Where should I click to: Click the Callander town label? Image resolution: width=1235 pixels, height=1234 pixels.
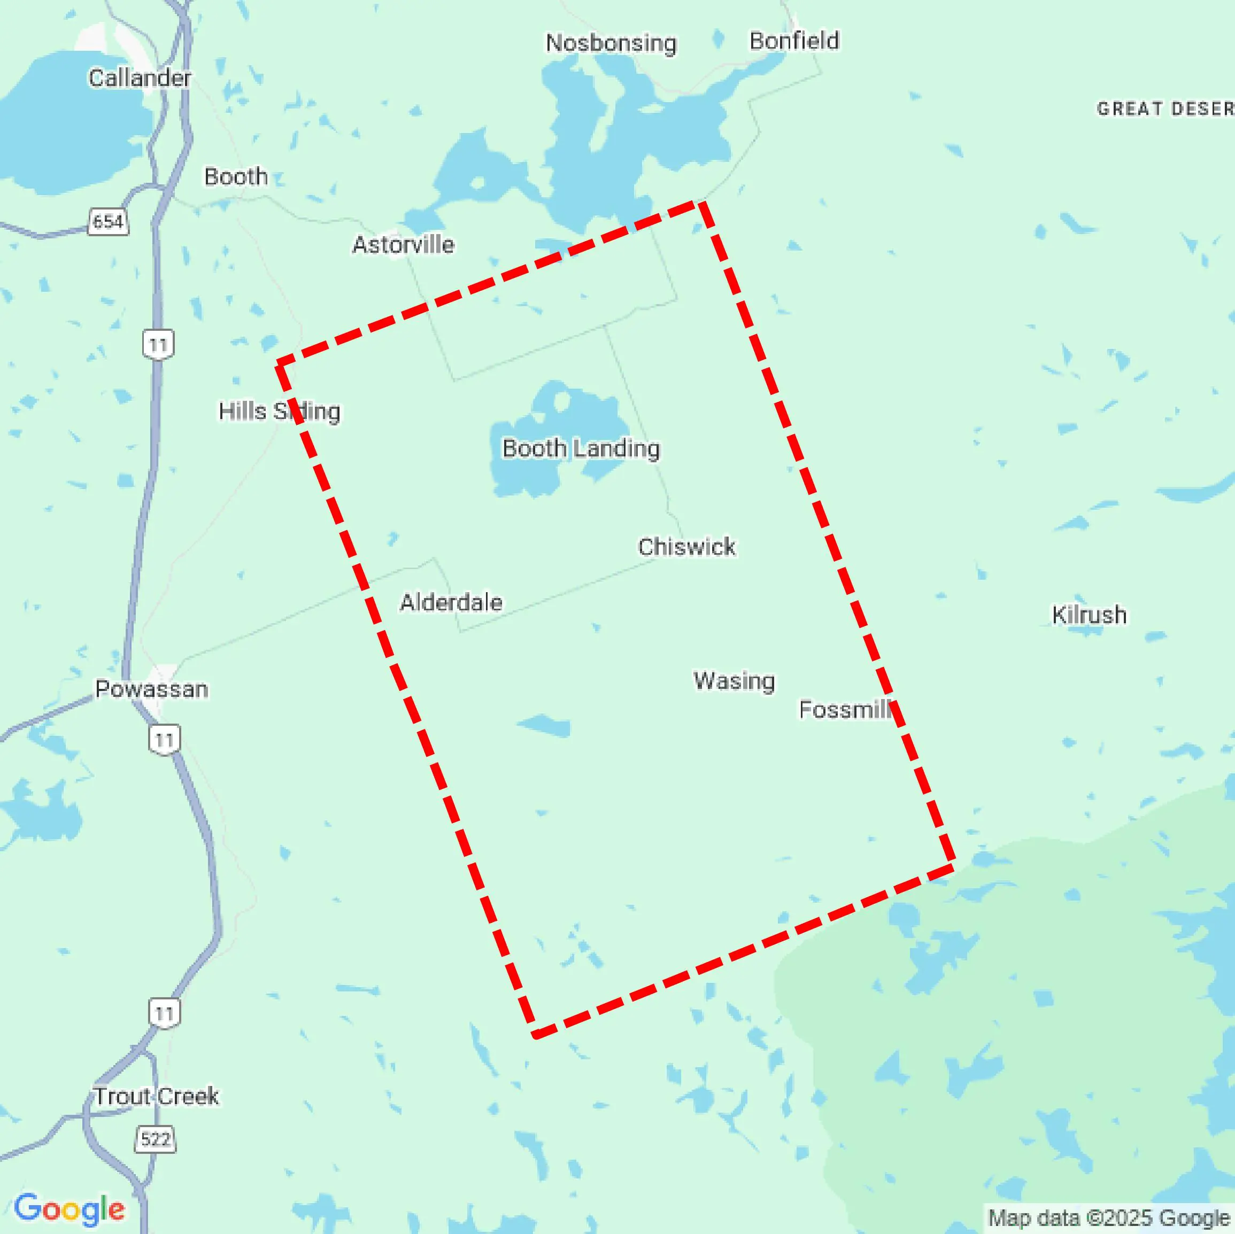pyautogui.click(x=140, y=78)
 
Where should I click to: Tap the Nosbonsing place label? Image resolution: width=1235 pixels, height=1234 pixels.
pyautogui.click(x=611, y=43)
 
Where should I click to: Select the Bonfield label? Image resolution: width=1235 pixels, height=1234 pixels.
pyautogui.click(x=794, y=41)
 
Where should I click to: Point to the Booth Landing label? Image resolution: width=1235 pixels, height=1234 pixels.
pyautogui.click(x=581, y=448)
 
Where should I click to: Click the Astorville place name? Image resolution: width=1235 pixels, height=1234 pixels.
pyautogui.click(x=403, y=245)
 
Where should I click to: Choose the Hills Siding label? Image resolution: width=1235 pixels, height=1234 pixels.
pyautogui.click(x=279, y=412)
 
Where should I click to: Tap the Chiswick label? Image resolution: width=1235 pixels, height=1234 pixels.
pyautogui.click(x=686, y=547)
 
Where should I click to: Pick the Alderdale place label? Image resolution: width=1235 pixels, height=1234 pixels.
pyautogui.click(x=451, y=602)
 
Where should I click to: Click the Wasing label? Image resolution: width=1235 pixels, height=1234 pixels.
pyautogui.click(x=734, y=680)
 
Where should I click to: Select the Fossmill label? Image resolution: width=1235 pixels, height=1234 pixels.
pyautogui.click(x=844, y=709)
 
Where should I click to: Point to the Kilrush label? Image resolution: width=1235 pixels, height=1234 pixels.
pyautogui.click(x=1089, y=615)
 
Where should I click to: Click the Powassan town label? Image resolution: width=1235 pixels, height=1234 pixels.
pyautogui.click(x=151, y=689)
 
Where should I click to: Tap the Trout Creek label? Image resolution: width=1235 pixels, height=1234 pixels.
pyautogui.click(x=157, y=1096)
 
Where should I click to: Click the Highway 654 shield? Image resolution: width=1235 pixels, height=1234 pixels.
pyautogui.click(x=107, y=222)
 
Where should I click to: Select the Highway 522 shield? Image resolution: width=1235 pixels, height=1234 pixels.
pyautogui.click(x=156, y=1139)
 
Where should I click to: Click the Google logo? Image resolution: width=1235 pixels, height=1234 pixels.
pyautogui.click(x=69, y=1208)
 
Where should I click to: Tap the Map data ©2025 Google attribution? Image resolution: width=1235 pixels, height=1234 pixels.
pyautogui.click(x=1108, y=1218)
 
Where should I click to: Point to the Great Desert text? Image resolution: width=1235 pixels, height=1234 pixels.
pyautogui.click(x=1164, y=109)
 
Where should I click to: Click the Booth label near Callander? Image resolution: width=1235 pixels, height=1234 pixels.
pyautogui.click(x=236, y=176)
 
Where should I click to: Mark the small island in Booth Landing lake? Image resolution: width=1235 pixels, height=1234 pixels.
pyautogui.click(x=561, y=401)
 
